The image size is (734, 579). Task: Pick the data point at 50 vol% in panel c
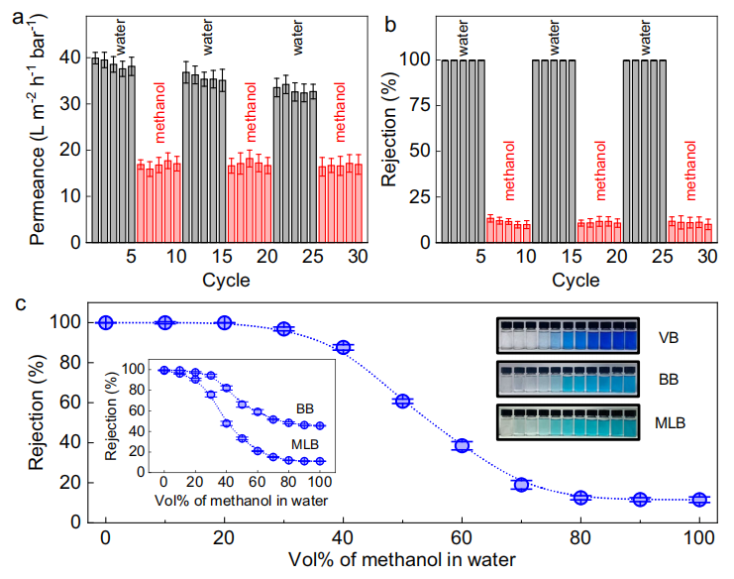[x=402, y=401]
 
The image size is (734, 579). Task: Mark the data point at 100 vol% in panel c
[x=699, y=500]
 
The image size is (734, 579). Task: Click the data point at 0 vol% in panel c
[x=106, y=322]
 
